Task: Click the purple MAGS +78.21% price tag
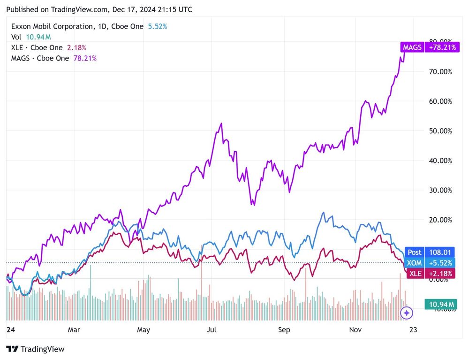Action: point(429,47)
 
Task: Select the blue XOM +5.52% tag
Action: point(429,263)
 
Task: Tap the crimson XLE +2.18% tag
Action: point(429,273)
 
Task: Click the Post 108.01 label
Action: point(429,252)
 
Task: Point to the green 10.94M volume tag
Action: point(440,305)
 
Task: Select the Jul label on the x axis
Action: point(212,330)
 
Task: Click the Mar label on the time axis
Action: point(74,330)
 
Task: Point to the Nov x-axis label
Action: point(356,330)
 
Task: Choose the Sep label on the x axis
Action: point(284,330)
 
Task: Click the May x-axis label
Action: point(143,330)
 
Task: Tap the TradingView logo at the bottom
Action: point(36,349)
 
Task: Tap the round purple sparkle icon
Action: point(406,313)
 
